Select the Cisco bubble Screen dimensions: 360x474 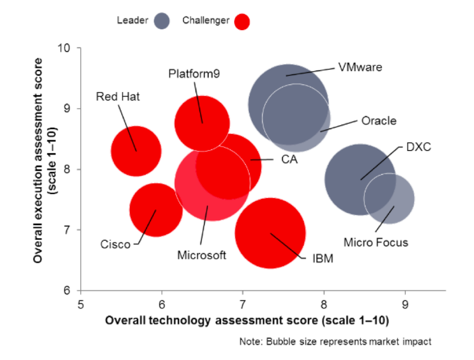click(x=156, y=209)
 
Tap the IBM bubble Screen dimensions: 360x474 click(x=270, y=233)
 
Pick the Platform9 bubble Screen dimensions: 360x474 click(x=202, y=123)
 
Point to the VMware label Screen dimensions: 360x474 click(x=360, y=67)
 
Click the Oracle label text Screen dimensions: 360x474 click(x=379, y=120)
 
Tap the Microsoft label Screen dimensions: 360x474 click(x=201, y=255)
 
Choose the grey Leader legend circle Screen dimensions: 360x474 click(x=162, y=21)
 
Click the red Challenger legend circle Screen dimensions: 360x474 click(x=242, y=21)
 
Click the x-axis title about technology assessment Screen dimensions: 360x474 click(x=246, y=320)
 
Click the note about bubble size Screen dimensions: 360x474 click(x=335, y=341)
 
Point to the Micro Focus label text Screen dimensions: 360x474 click(x=376, y=242)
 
